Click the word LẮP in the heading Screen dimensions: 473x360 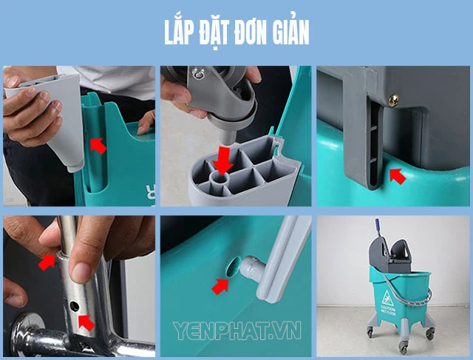179,32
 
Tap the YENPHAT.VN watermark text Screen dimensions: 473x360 237,330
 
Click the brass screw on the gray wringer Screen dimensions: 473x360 394,101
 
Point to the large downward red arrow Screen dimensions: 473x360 222,160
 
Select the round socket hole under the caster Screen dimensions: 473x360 221,178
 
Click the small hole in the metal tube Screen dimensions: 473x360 74,307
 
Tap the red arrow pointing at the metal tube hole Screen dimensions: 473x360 86,322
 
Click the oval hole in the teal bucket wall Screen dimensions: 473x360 234,266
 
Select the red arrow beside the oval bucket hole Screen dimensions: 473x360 220,286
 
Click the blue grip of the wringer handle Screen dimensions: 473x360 377,224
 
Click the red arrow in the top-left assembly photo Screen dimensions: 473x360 98,146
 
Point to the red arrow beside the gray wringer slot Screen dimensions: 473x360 398,176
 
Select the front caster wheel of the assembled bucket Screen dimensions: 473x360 404,347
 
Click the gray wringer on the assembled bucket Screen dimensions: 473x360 389,255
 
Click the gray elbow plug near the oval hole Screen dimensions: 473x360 252,267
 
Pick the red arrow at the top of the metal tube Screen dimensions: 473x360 47,262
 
